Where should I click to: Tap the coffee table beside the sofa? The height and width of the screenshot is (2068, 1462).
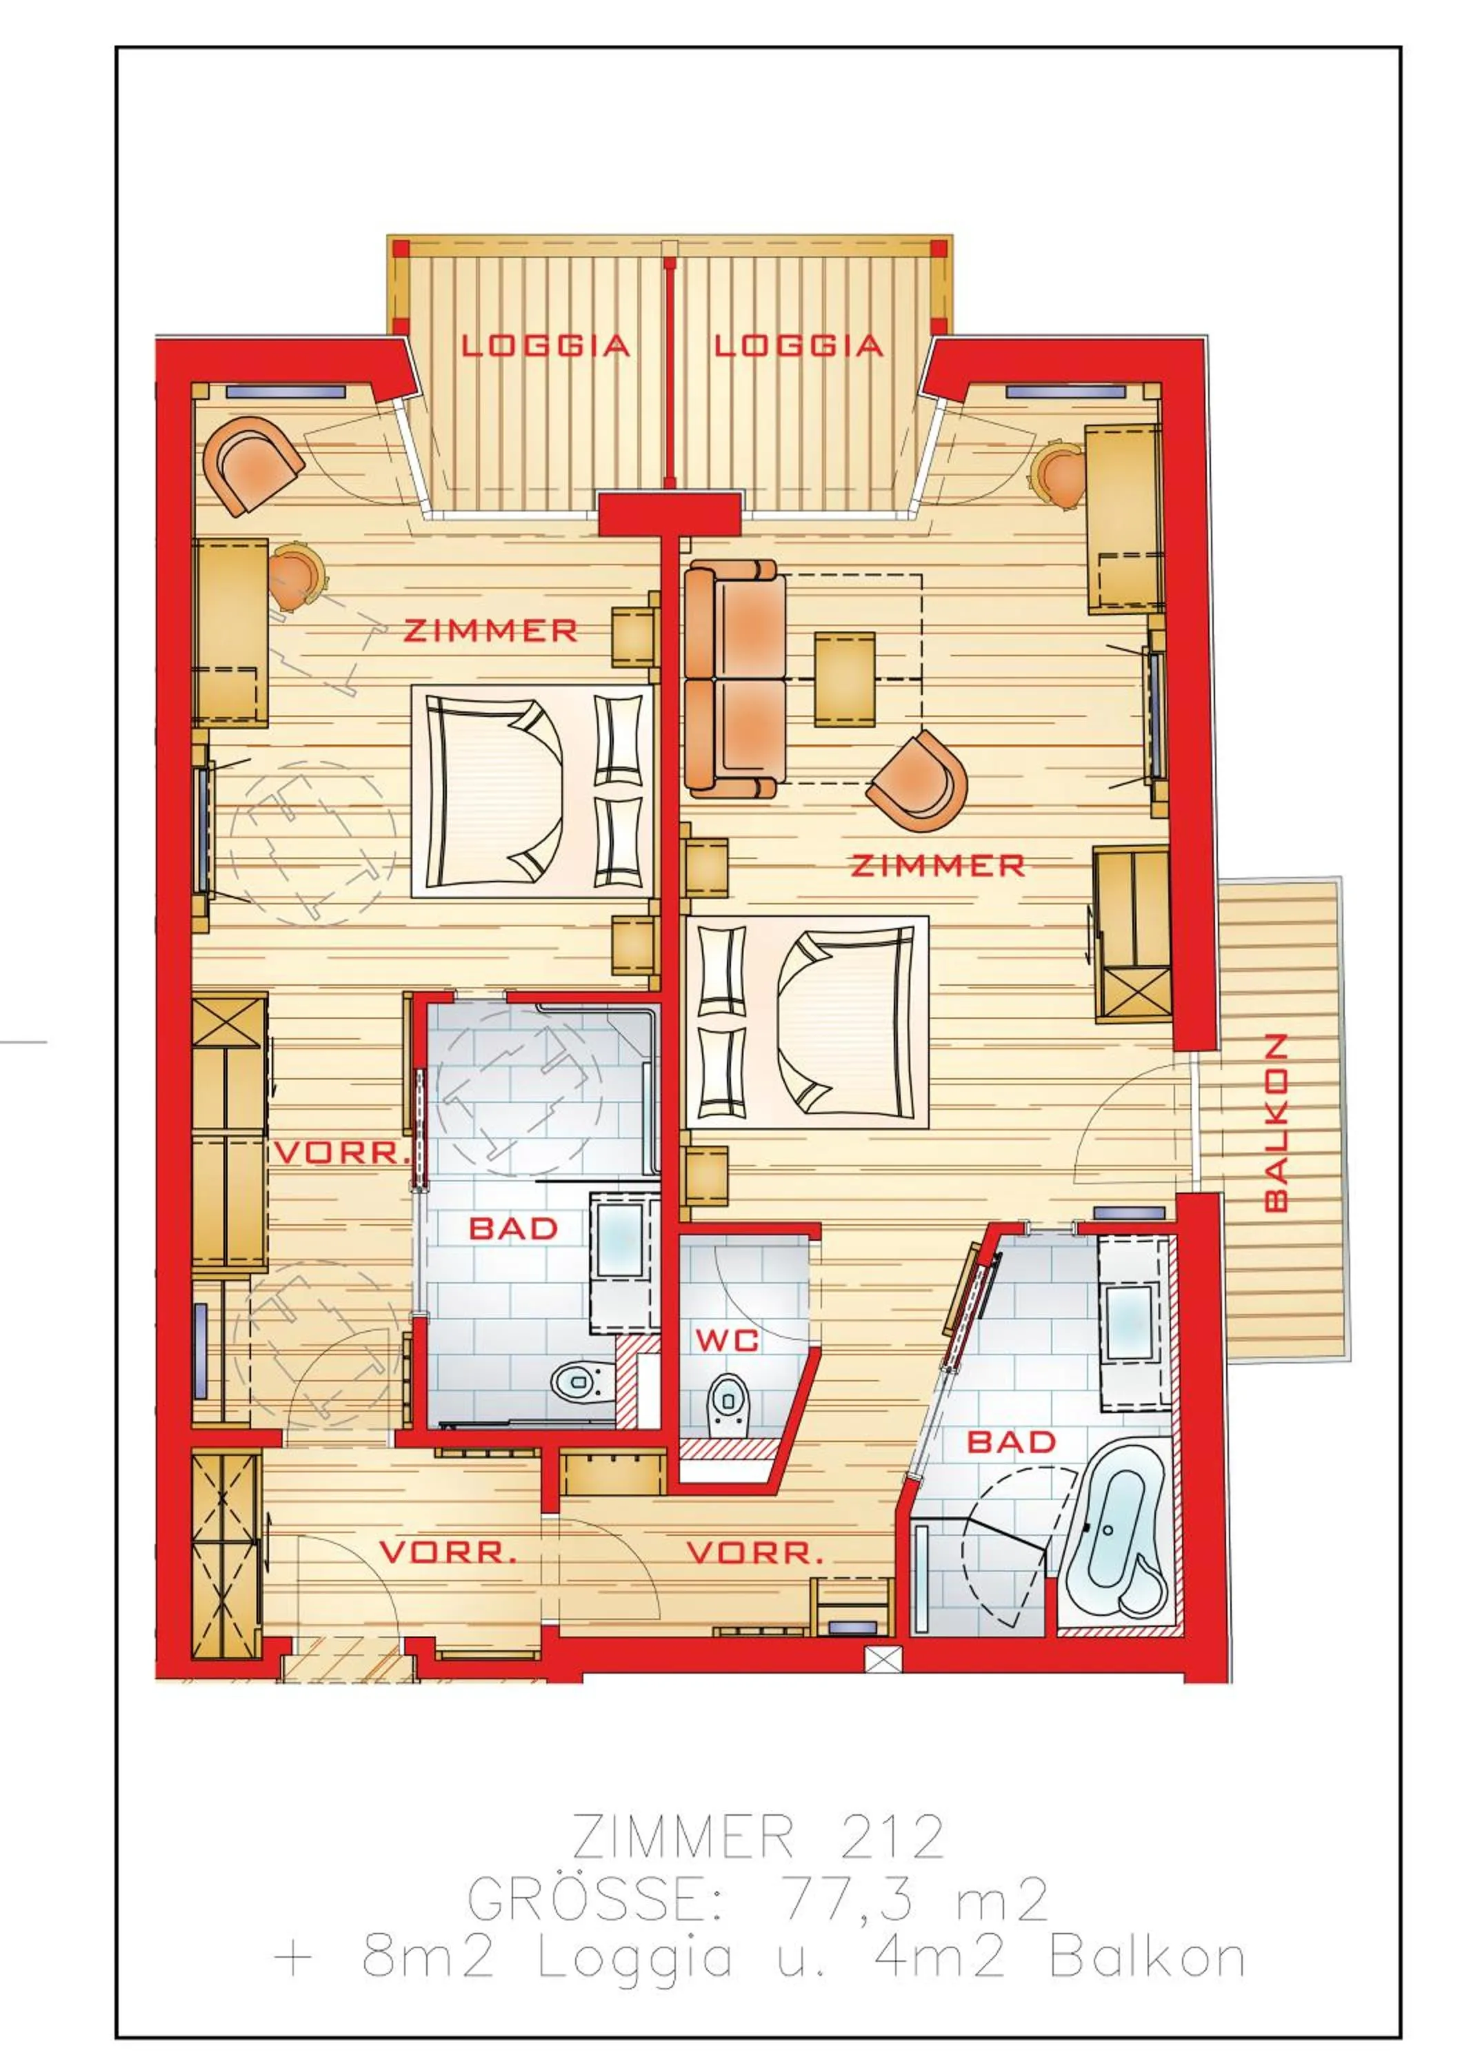pos(844,678)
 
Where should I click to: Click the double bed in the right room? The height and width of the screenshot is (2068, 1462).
pos(806,1022)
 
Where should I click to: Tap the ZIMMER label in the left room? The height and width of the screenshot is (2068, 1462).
pos(490,631)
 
